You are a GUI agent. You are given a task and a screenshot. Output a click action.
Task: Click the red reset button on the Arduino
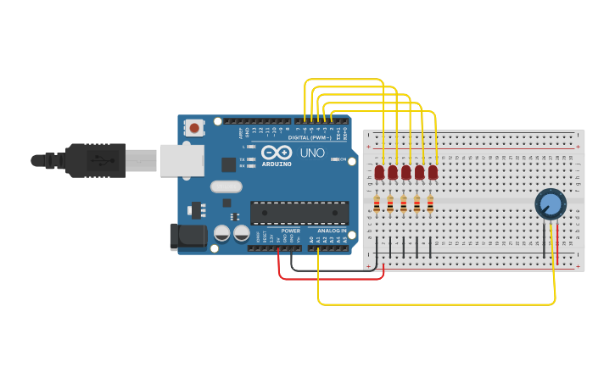click(x=194, y=128)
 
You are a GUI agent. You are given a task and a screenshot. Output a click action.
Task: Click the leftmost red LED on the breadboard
click(x=379, y=172)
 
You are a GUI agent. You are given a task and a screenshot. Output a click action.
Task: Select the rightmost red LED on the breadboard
click(x=433, y=172)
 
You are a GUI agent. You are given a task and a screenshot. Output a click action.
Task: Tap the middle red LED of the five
click(x=406, y=172)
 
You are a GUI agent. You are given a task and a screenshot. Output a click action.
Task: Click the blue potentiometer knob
click(x=550, y=204)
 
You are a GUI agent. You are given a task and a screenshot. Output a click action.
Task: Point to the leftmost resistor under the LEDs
click(x=377, y=203)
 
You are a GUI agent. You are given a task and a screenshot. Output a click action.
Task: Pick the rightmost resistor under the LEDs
click(x=430, y=203)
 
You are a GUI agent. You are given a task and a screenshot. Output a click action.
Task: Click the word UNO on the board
click(x=311, y=153)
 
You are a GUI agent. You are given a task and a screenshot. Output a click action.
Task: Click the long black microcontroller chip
click(x=299, y=212)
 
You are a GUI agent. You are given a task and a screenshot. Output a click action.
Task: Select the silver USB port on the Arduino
click(x=181, y=159)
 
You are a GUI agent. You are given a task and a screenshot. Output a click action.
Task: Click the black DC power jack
click(x=187, y=237)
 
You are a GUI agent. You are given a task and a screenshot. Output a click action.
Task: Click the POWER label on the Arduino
click(x=290, y=231)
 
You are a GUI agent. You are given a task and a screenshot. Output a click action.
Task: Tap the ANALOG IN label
click(x=332, y=231)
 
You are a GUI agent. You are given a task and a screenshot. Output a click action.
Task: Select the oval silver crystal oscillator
click(x=226, y=186)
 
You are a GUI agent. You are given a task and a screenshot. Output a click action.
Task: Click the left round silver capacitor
click(x=222, y=233)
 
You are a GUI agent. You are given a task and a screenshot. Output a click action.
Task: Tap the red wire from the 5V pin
click(x=331, y=277)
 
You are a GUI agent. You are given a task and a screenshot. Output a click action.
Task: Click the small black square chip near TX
click(x=228, y=164)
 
